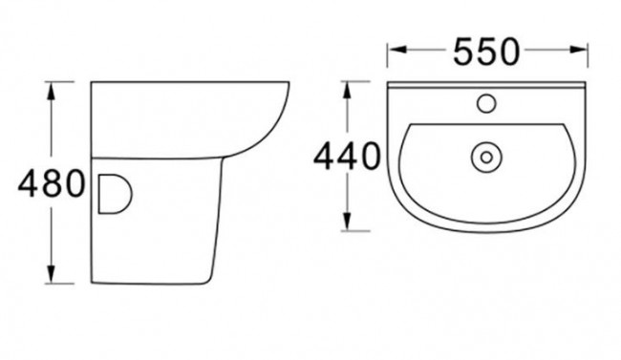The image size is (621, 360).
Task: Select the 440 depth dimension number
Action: (x=347, y=156)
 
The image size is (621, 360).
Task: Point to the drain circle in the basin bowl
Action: (x=484, y=154)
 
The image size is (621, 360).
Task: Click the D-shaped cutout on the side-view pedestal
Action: (x=112, y=193)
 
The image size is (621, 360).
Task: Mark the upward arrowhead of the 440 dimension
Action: (x=350, y=91)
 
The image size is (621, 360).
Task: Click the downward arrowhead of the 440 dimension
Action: (x=350, y=224)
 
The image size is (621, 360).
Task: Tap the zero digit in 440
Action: (x=373, y=156)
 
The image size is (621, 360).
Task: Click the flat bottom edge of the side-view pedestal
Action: (x=158, y=284)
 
